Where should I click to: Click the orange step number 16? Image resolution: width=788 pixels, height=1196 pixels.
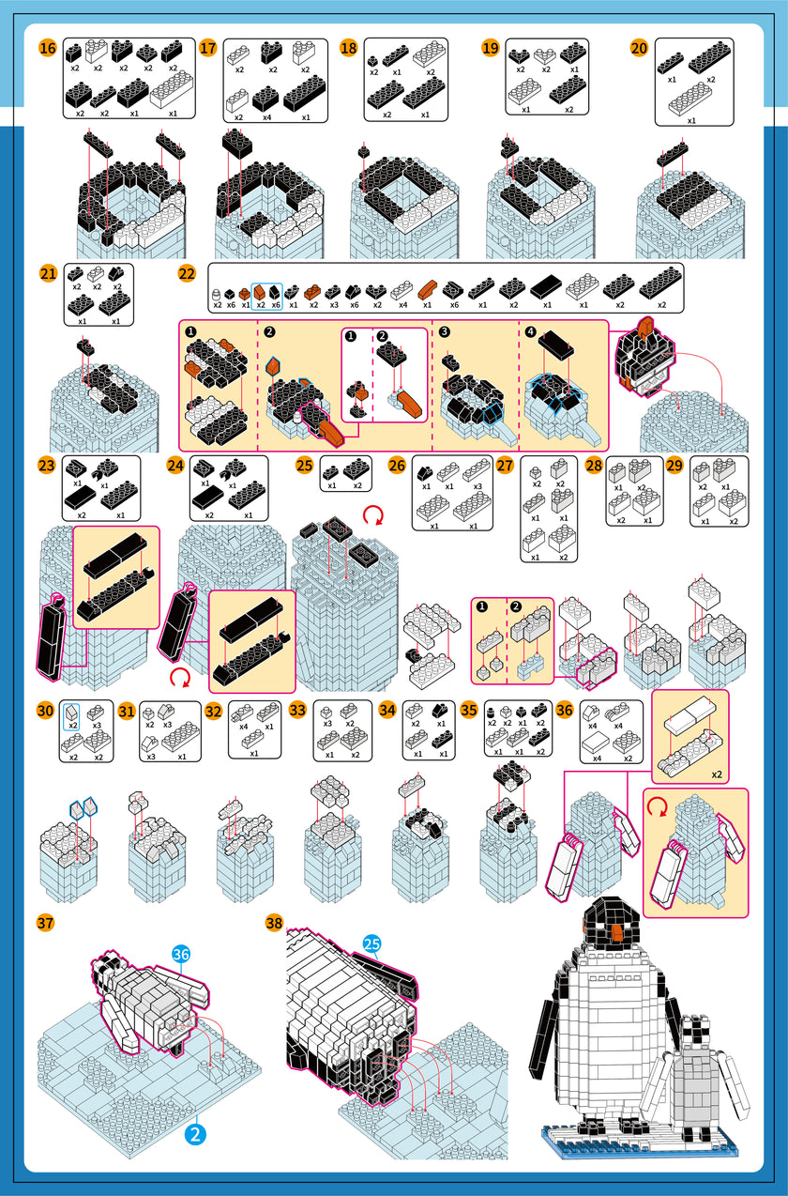[x=48, y=48]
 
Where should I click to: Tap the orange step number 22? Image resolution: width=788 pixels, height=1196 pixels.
[x=187, y=273]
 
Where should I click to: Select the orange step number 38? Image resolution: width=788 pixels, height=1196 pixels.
[x=274, y=922]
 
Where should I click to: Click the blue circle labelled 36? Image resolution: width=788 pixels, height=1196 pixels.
[x=181, y=954]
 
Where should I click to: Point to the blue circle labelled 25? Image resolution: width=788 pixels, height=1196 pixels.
[x=371, y=943]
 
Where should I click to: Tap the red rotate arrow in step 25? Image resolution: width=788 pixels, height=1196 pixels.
[x=372, y=514]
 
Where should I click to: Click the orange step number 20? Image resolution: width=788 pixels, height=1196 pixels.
[x=639, y=48]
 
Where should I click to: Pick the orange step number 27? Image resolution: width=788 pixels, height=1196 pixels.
[x=506, y=465]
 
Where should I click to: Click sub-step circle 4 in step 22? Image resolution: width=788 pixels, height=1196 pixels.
[x=532, y=332]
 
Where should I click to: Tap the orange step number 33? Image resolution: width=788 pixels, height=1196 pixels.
[x=298, y=710]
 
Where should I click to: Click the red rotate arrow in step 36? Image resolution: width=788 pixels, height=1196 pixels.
[x=658, y=805]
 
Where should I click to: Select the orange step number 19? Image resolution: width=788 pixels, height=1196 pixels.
[x=490, y=48]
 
